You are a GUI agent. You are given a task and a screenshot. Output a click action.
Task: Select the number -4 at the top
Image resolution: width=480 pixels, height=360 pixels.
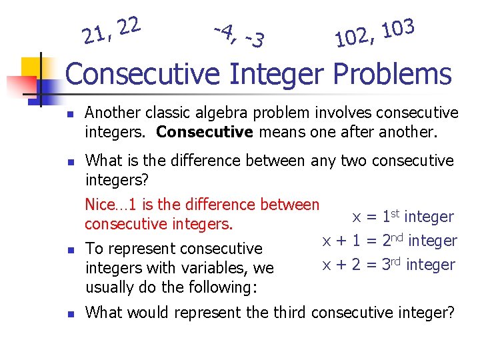tap(225, 29)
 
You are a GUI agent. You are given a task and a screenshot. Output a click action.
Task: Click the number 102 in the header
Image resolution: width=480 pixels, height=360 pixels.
tap(352, 39)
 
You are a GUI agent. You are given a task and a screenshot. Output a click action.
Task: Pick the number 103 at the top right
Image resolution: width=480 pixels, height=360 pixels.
tap(399, 29)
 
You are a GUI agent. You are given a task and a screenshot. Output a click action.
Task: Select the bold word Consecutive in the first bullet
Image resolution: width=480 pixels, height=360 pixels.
tap(204, 132)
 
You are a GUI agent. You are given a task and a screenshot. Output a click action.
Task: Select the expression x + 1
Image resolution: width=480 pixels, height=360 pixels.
tap(339, 241)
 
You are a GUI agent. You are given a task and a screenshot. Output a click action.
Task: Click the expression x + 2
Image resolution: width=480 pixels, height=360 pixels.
tap(339, 265)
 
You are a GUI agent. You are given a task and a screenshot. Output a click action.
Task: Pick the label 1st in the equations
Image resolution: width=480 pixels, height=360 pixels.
tap(389, 216)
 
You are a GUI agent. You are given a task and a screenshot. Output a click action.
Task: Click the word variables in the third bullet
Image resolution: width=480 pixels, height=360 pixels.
tap(217, 268)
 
